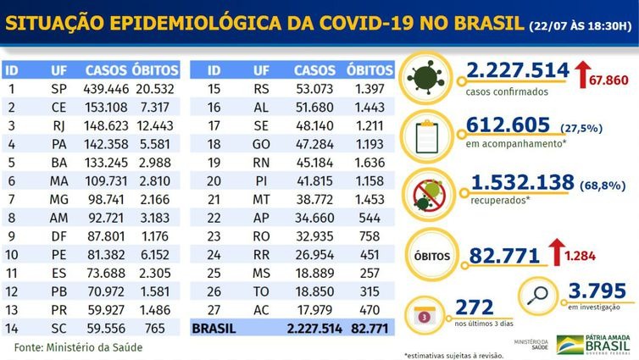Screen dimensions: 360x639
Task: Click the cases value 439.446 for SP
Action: (106, 88)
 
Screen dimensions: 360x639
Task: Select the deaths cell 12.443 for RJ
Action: (156, 124)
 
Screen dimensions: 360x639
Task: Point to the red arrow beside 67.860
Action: (586, 73)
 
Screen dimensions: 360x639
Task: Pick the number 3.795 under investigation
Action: (597, 290)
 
